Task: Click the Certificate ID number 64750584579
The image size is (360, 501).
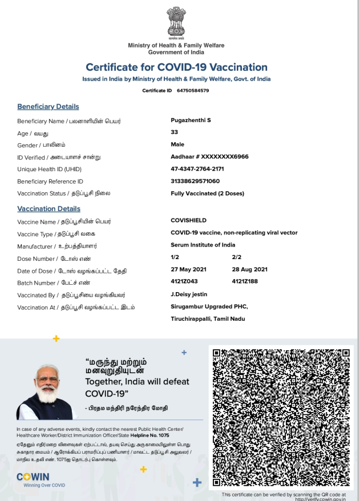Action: [193, 91]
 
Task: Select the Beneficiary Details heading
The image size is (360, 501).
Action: [48, 107]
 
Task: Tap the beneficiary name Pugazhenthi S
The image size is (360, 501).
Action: [191, 120]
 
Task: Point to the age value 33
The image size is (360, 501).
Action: [175, 132]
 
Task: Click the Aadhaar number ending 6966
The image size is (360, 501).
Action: [209, 156]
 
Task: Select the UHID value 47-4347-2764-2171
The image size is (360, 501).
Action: [197, 169]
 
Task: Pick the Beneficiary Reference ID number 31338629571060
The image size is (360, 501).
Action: [195, 181]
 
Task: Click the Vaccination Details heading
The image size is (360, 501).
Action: [48, 209]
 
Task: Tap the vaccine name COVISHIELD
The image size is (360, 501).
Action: [188, 220]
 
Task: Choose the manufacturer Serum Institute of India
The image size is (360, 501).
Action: [203, 245]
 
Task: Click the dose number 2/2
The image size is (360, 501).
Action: [237, 257]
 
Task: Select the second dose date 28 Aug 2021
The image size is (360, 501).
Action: [250, 269]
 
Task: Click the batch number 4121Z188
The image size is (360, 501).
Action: [245, 282]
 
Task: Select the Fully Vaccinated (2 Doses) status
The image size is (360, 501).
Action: [207, 193]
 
